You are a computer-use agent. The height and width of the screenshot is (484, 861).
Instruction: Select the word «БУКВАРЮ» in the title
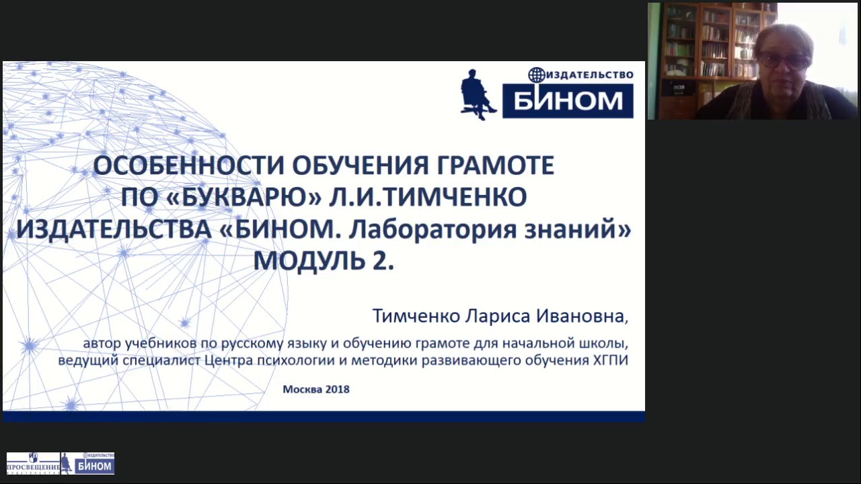[x=222, y=198]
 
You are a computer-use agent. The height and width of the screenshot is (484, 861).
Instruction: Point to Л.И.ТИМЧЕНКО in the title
[x=428, y=198]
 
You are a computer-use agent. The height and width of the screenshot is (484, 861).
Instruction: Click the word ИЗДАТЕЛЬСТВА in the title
[x=114, y=230]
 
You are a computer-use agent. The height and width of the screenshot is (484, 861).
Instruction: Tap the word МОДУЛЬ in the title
[x=309, y=261]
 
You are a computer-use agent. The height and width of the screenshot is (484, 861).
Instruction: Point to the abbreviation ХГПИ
[x=609, y=361]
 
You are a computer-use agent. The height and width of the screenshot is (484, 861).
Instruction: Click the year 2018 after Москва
[x=337, y=389]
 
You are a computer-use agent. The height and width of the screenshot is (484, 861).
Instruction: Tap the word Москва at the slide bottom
[x=302, y=389]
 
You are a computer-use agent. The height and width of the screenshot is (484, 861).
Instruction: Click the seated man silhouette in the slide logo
[x=478, y=94]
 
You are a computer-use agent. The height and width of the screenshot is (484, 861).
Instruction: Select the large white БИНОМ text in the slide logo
[x=568, y=101]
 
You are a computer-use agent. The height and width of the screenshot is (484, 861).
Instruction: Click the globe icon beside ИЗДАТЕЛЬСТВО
[x=535, y=75]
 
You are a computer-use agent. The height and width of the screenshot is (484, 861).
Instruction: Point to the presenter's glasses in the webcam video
[x=784, y=61]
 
